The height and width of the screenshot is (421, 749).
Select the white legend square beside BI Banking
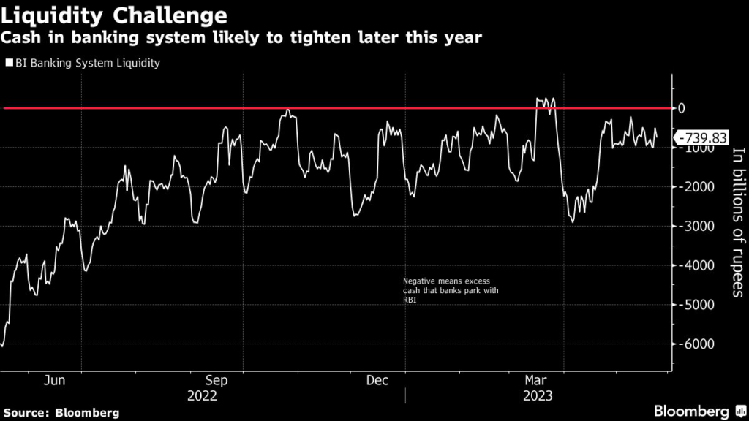pos(9,63)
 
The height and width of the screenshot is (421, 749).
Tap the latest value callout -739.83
pos(703,137)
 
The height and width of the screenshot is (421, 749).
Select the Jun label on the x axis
pos(56,380)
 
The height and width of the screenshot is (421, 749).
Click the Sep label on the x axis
pos(217,380)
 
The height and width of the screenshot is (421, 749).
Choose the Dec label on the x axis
pos(377,380)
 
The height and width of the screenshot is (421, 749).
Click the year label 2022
pos(202,396)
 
